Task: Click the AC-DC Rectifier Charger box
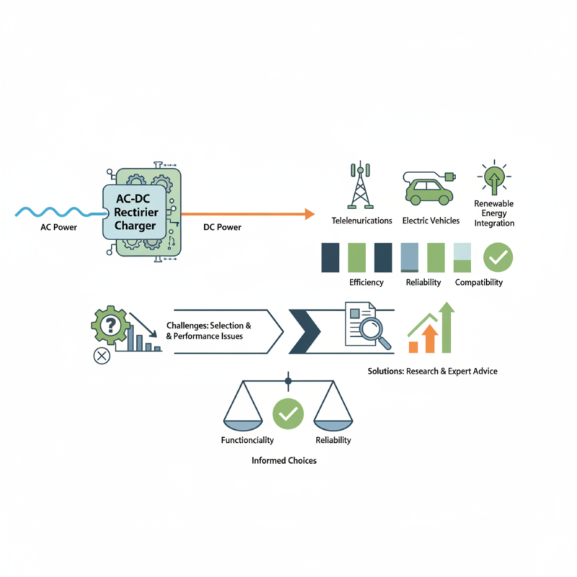click(x=134, y=212)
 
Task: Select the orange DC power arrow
click(x=248, y=213)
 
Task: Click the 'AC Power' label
click(x=59, y=227)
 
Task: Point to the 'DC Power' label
click(x=222, y=227)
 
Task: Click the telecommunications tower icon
click(x=360, y=185)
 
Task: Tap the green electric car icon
click(x=429, y=188)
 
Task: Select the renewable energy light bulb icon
click(x=494, y=177)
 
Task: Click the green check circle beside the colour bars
click(x=498, y=257)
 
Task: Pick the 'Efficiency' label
click(x=366, y=282)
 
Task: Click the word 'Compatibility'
click(x=479, y=282)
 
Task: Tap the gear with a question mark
click(x=110, y=325)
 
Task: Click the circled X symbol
click(x=102, y=356)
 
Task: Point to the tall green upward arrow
click(x=446, y=327)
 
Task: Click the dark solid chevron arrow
click(x=304, y=332)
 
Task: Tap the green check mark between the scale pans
click(x=288, y=413)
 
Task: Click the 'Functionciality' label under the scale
click(x=247, y=440)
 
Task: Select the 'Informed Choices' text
click(x=284, y=460)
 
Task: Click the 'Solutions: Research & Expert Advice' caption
click(x=432, y=371)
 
